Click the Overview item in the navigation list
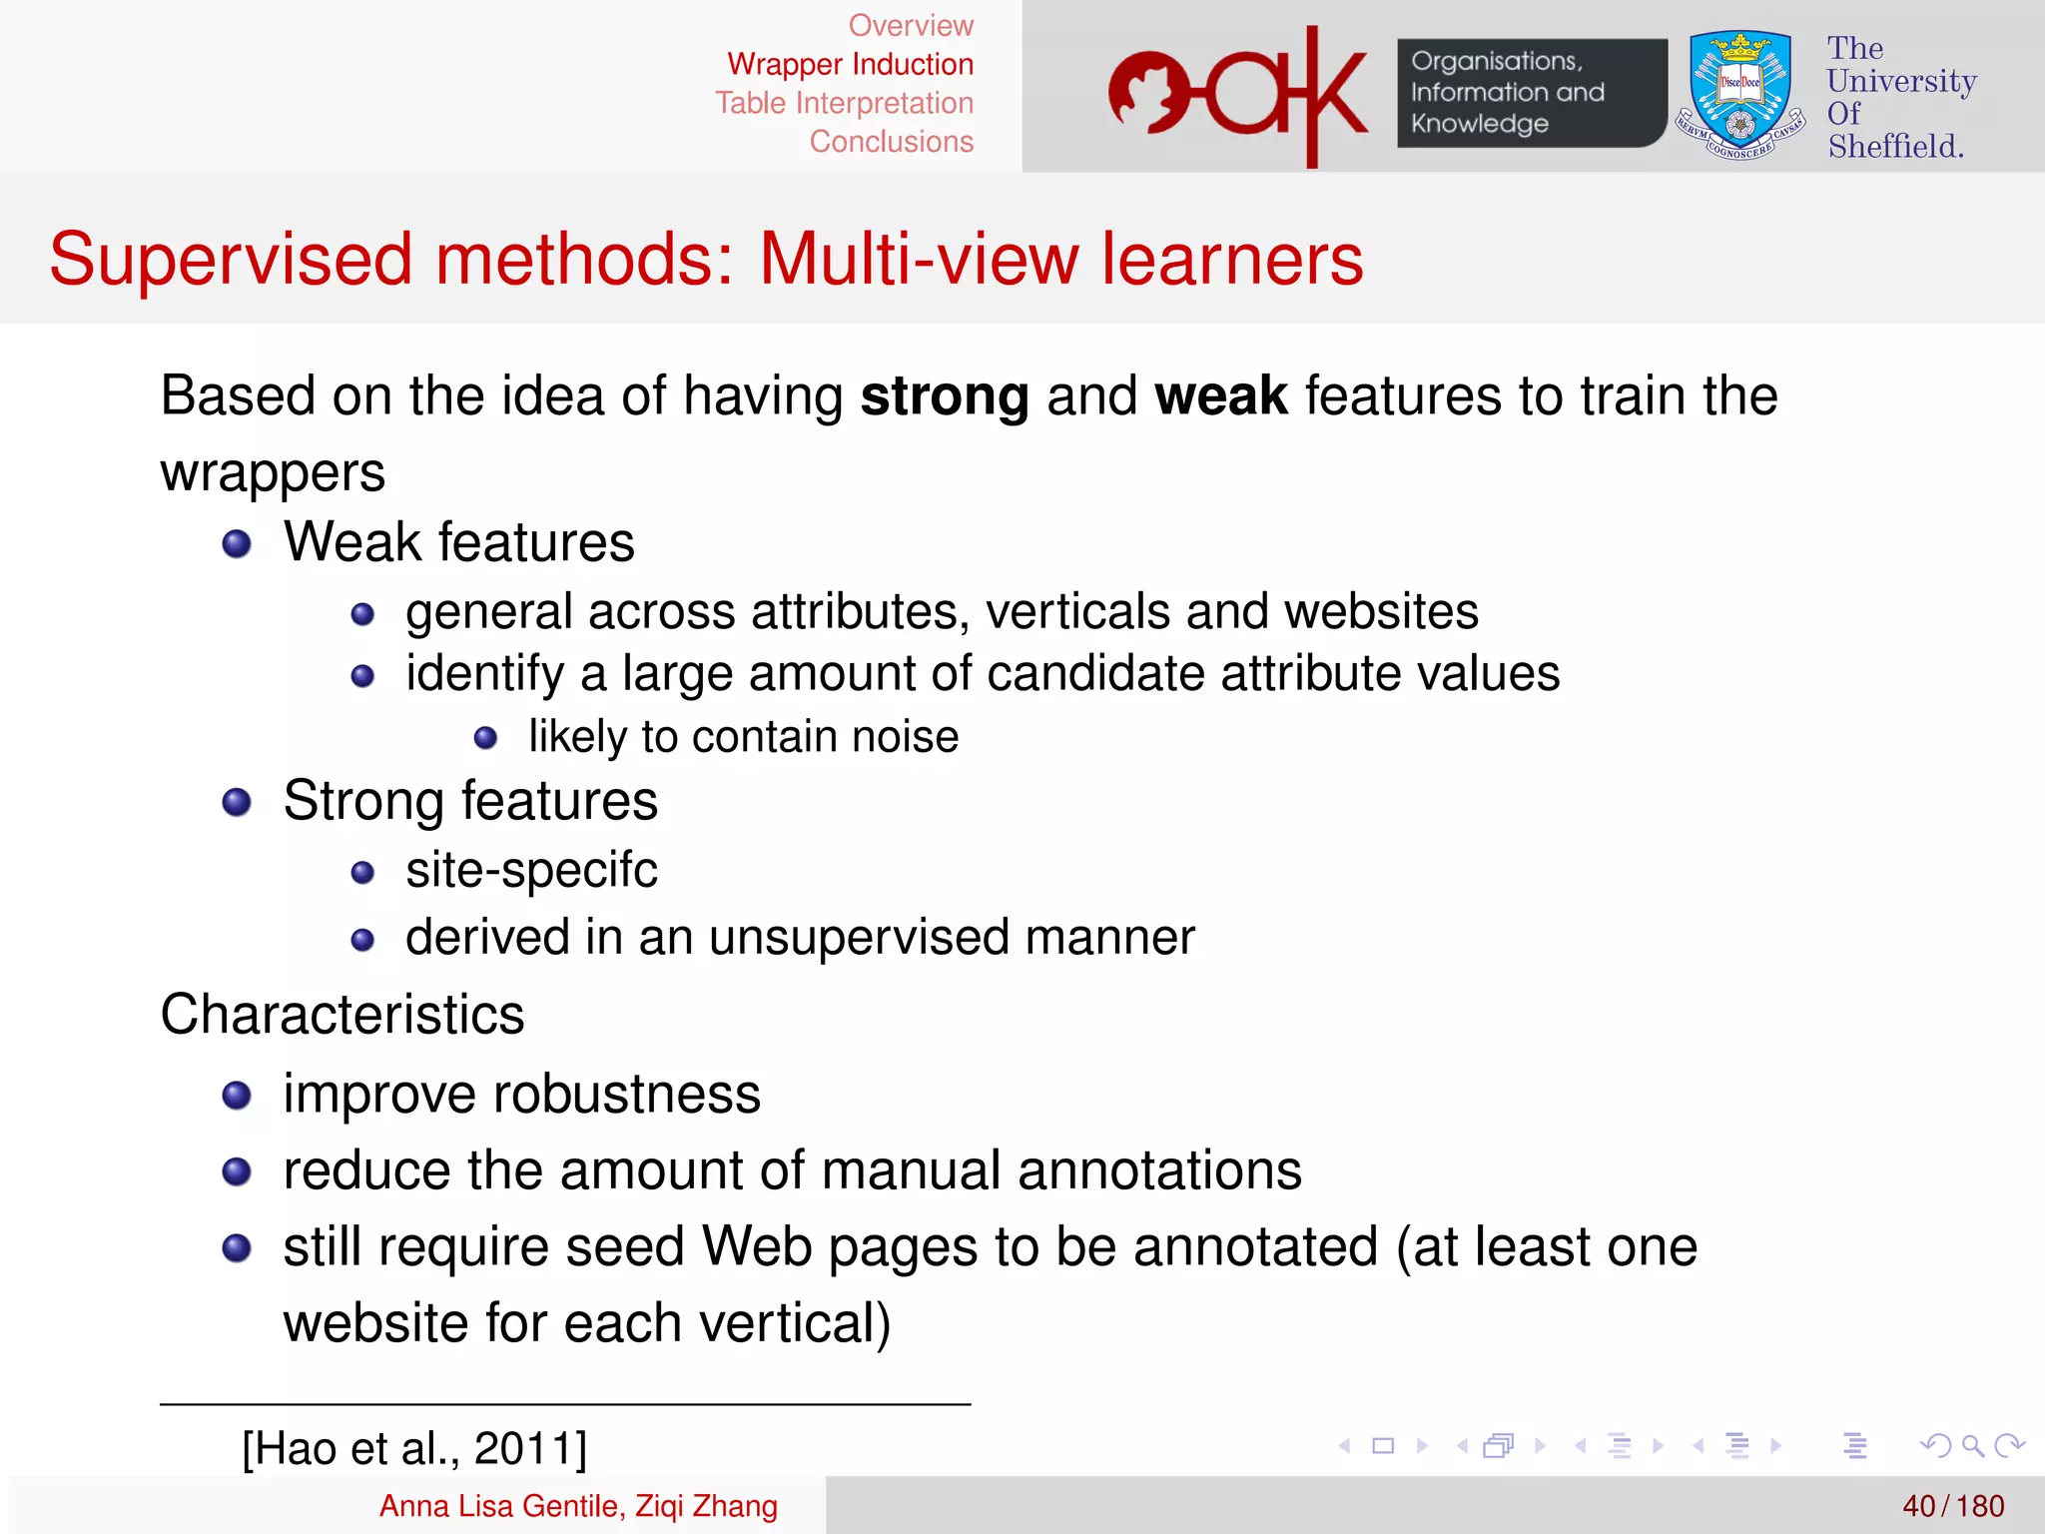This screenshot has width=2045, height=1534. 910,25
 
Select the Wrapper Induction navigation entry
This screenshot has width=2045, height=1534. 850,64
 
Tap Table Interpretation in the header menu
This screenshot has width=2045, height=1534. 844,103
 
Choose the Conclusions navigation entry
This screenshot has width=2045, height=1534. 891,142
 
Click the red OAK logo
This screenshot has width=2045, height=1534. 1237,95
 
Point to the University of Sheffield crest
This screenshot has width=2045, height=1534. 1739,95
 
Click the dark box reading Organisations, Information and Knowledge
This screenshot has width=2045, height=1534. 1530,93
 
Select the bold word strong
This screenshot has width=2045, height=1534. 944,396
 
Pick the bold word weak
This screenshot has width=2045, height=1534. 1220,396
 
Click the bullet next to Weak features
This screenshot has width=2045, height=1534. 237,544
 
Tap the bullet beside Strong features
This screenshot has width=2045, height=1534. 237,802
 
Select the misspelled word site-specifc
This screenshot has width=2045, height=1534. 531,870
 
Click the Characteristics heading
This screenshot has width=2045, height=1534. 342,1015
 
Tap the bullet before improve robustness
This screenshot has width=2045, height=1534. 237,1096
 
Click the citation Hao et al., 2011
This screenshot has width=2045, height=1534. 414,1448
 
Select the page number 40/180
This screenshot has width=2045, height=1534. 1952,1506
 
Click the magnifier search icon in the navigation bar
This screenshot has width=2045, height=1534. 1972,1445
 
